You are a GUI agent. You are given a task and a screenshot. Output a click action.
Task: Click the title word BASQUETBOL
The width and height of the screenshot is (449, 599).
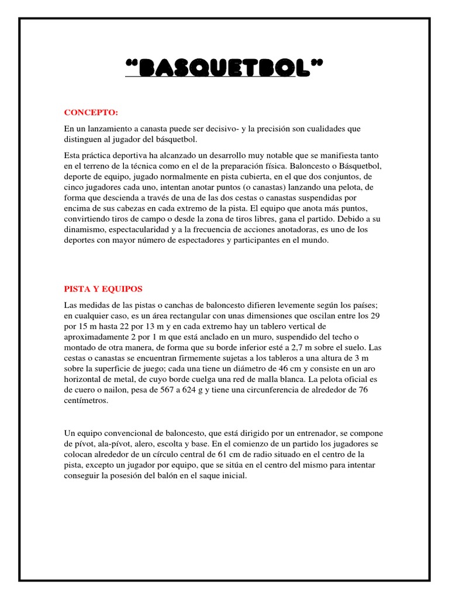coord(224,70)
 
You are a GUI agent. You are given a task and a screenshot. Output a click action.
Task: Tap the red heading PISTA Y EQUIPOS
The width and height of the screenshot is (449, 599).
coord(103,289)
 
